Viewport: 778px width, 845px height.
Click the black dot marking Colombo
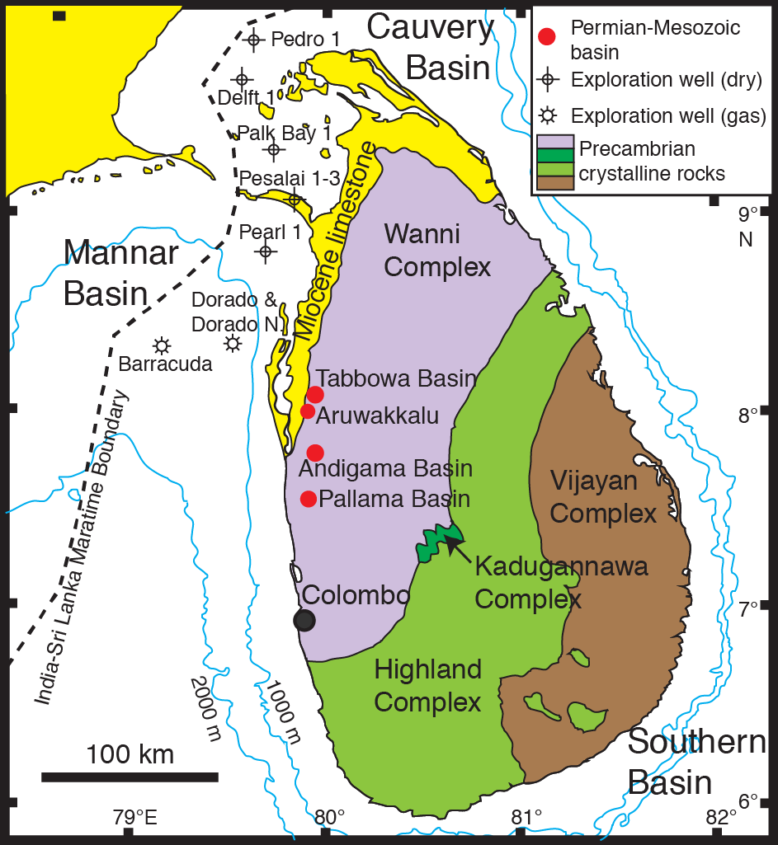tap(304, 621)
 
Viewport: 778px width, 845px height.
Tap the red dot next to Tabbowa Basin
tap(315, 395)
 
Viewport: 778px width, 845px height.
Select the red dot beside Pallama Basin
tap(309, 498)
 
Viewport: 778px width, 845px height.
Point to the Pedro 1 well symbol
tap(253, 39)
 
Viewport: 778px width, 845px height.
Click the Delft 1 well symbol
tap(242, 79)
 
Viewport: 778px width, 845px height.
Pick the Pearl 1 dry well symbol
tap(265, 251)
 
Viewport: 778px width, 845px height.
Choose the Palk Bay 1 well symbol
tap(274, 149)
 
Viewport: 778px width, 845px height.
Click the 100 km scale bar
tap(130, 777)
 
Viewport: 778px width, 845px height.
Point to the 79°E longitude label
tap(135, 817)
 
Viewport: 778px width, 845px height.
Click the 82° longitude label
tap(723, 817)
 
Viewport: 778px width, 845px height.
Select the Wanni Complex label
tap(437, 251)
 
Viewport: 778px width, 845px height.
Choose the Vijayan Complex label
tap(603, 497)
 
